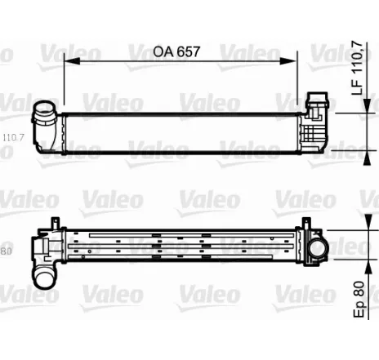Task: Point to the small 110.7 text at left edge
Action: (11, 139)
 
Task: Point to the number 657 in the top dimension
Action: (187, 51)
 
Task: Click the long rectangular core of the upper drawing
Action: (184, 129)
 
